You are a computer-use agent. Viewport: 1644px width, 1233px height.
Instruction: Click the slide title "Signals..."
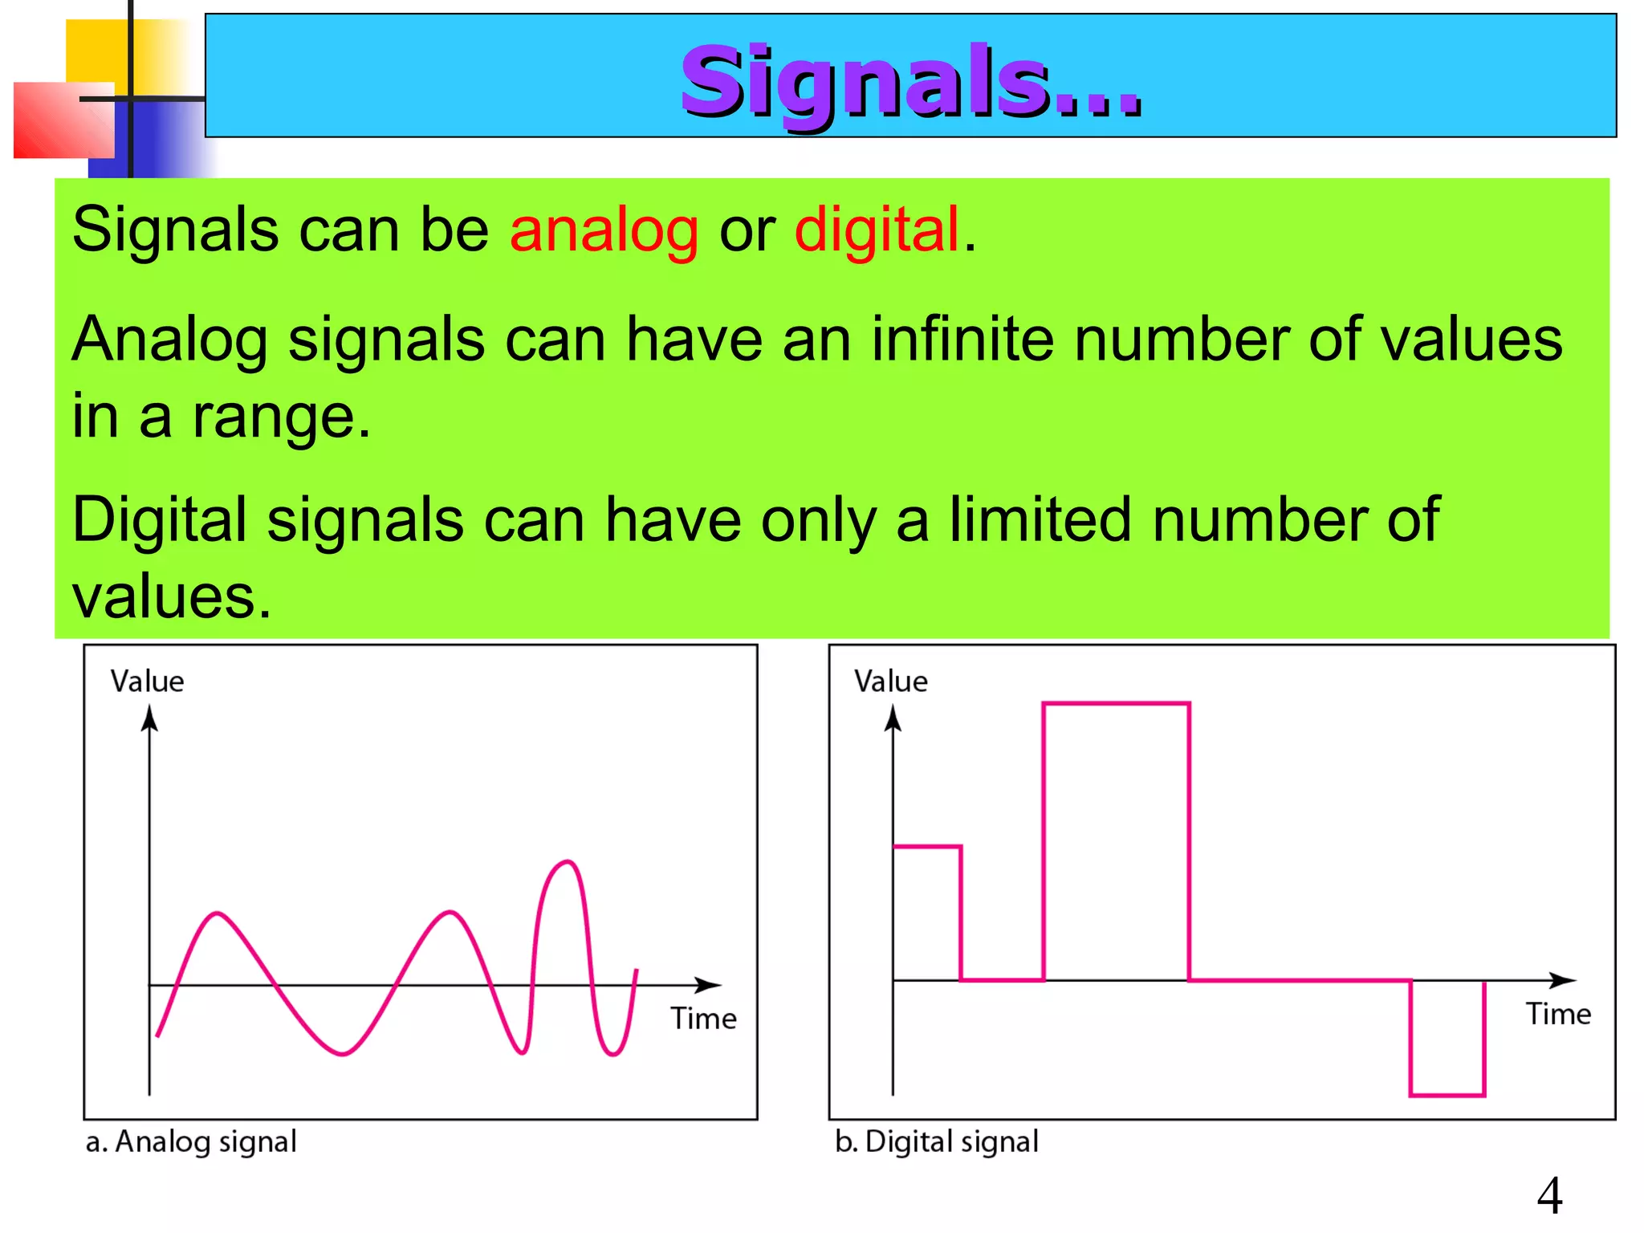910,81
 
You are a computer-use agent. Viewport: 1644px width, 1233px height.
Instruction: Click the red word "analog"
604,230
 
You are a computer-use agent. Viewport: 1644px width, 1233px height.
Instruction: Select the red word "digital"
877,230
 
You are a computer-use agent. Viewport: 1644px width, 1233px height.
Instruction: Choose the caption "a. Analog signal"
191,1141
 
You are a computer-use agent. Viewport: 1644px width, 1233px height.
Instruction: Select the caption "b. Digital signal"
936,1141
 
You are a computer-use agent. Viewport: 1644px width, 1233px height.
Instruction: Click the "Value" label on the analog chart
147,682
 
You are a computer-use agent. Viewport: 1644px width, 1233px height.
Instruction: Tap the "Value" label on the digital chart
890,682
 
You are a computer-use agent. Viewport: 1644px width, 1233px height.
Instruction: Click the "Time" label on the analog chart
703,1019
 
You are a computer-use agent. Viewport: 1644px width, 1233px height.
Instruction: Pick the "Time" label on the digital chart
1557,1014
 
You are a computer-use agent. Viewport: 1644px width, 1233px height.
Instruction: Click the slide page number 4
1549,1195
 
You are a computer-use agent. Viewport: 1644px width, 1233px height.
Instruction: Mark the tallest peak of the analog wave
568,862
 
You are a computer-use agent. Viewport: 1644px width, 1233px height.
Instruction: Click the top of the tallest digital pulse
1116,704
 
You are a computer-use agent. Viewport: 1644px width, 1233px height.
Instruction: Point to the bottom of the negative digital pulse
1447,1094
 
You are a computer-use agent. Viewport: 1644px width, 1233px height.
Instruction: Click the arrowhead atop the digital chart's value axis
893,718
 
